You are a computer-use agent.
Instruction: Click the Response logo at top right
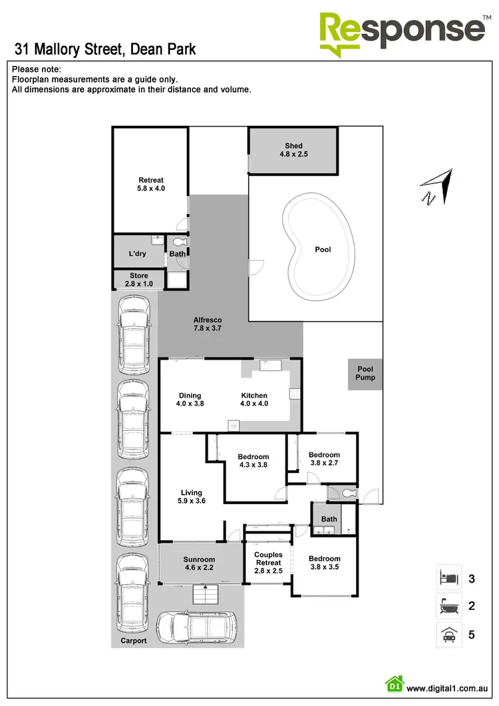(403, 32)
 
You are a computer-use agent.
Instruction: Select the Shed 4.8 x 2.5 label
(293, 150)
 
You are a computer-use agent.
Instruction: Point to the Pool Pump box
(365, 374)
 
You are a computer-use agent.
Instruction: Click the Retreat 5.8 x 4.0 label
(151, 184)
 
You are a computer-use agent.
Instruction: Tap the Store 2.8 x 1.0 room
(138, 280)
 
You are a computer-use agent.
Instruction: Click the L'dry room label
(138, 254)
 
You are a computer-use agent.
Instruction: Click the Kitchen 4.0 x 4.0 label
(254, 400)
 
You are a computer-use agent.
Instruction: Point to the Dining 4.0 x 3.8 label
(189, 400)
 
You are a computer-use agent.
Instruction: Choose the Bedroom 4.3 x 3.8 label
(253, 461)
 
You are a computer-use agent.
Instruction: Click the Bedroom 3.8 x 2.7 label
(324, 460)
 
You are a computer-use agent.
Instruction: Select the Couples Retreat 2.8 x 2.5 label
(268, 563)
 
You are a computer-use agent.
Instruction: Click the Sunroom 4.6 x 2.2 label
(199, 563)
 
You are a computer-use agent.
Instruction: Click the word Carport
(134, 641)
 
